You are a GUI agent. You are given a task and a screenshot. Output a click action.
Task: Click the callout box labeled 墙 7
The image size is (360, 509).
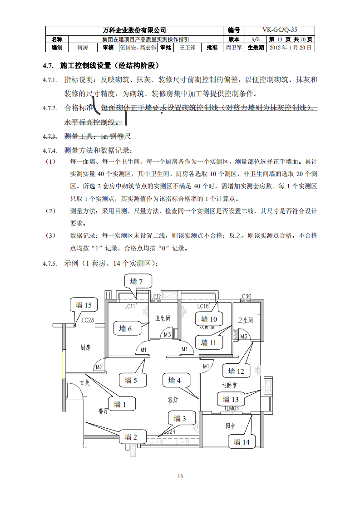pos(137,282)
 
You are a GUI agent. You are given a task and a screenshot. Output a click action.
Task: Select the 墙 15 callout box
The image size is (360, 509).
pos(84,305)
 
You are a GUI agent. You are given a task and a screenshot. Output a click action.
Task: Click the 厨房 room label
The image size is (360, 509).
pos(85,347)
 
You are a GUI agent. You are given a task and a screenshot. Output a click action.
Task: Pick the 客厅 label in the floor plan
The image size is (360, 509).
pos(173,400)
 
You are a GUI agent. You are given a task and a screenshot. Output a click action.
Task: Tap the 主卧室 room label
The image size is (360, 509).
pos(230,385)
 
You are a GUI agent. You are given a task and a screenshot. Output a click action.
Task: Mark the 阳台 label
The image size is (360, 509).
pos(231,426)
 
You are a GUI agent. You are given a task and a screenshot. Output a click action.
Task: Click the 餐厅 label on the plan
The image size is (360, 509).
pos(104,411)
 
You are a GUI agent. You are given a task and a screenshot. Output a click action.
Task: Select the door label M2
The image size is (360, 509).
pos(98,367)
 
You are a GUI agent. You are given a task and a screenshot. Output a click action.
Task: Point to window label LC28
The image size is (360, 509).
pos(88,320)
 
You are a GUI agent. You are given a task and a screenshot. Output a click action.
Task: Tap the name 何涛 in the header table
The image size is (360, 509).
pos(82,47)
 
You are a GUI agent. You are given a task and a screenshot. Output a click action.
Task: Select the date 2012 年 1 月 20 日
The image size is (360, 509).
pos(291,47)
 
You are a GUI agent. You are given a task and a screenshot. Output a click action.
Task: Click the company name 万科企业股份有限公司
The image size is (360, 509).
pos(135,30)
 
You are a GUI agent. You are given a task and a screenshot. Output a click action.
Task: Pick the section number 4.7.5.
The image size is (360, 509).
pos(49,264)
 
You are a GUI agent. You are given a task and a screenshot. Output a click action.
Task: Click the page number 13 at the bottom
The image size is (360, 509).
pos(180,476)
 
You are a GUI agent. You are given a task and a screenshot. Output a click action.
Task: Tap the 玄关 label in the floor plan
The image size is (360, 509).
pos(85,382)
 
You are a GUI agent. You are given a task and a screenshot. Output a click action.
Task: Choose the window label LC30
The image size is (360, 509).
pos(246,297)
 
